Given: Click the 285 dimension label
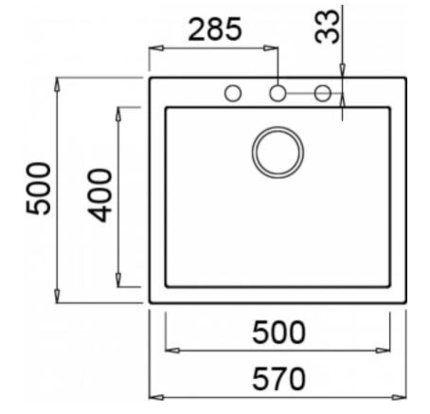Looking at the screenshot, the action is [215, 29].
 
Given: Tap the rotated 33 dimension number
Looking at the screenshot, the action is [327, 27].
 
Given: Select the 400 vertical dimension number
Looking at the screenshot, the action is [99, 196].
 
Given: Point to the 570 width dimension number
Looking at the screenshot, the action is [279, 379].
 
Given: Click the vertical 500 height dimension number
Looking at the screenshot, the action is [38, 189].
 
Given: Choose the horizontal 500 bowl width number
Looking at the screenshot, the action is [279, 333].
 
